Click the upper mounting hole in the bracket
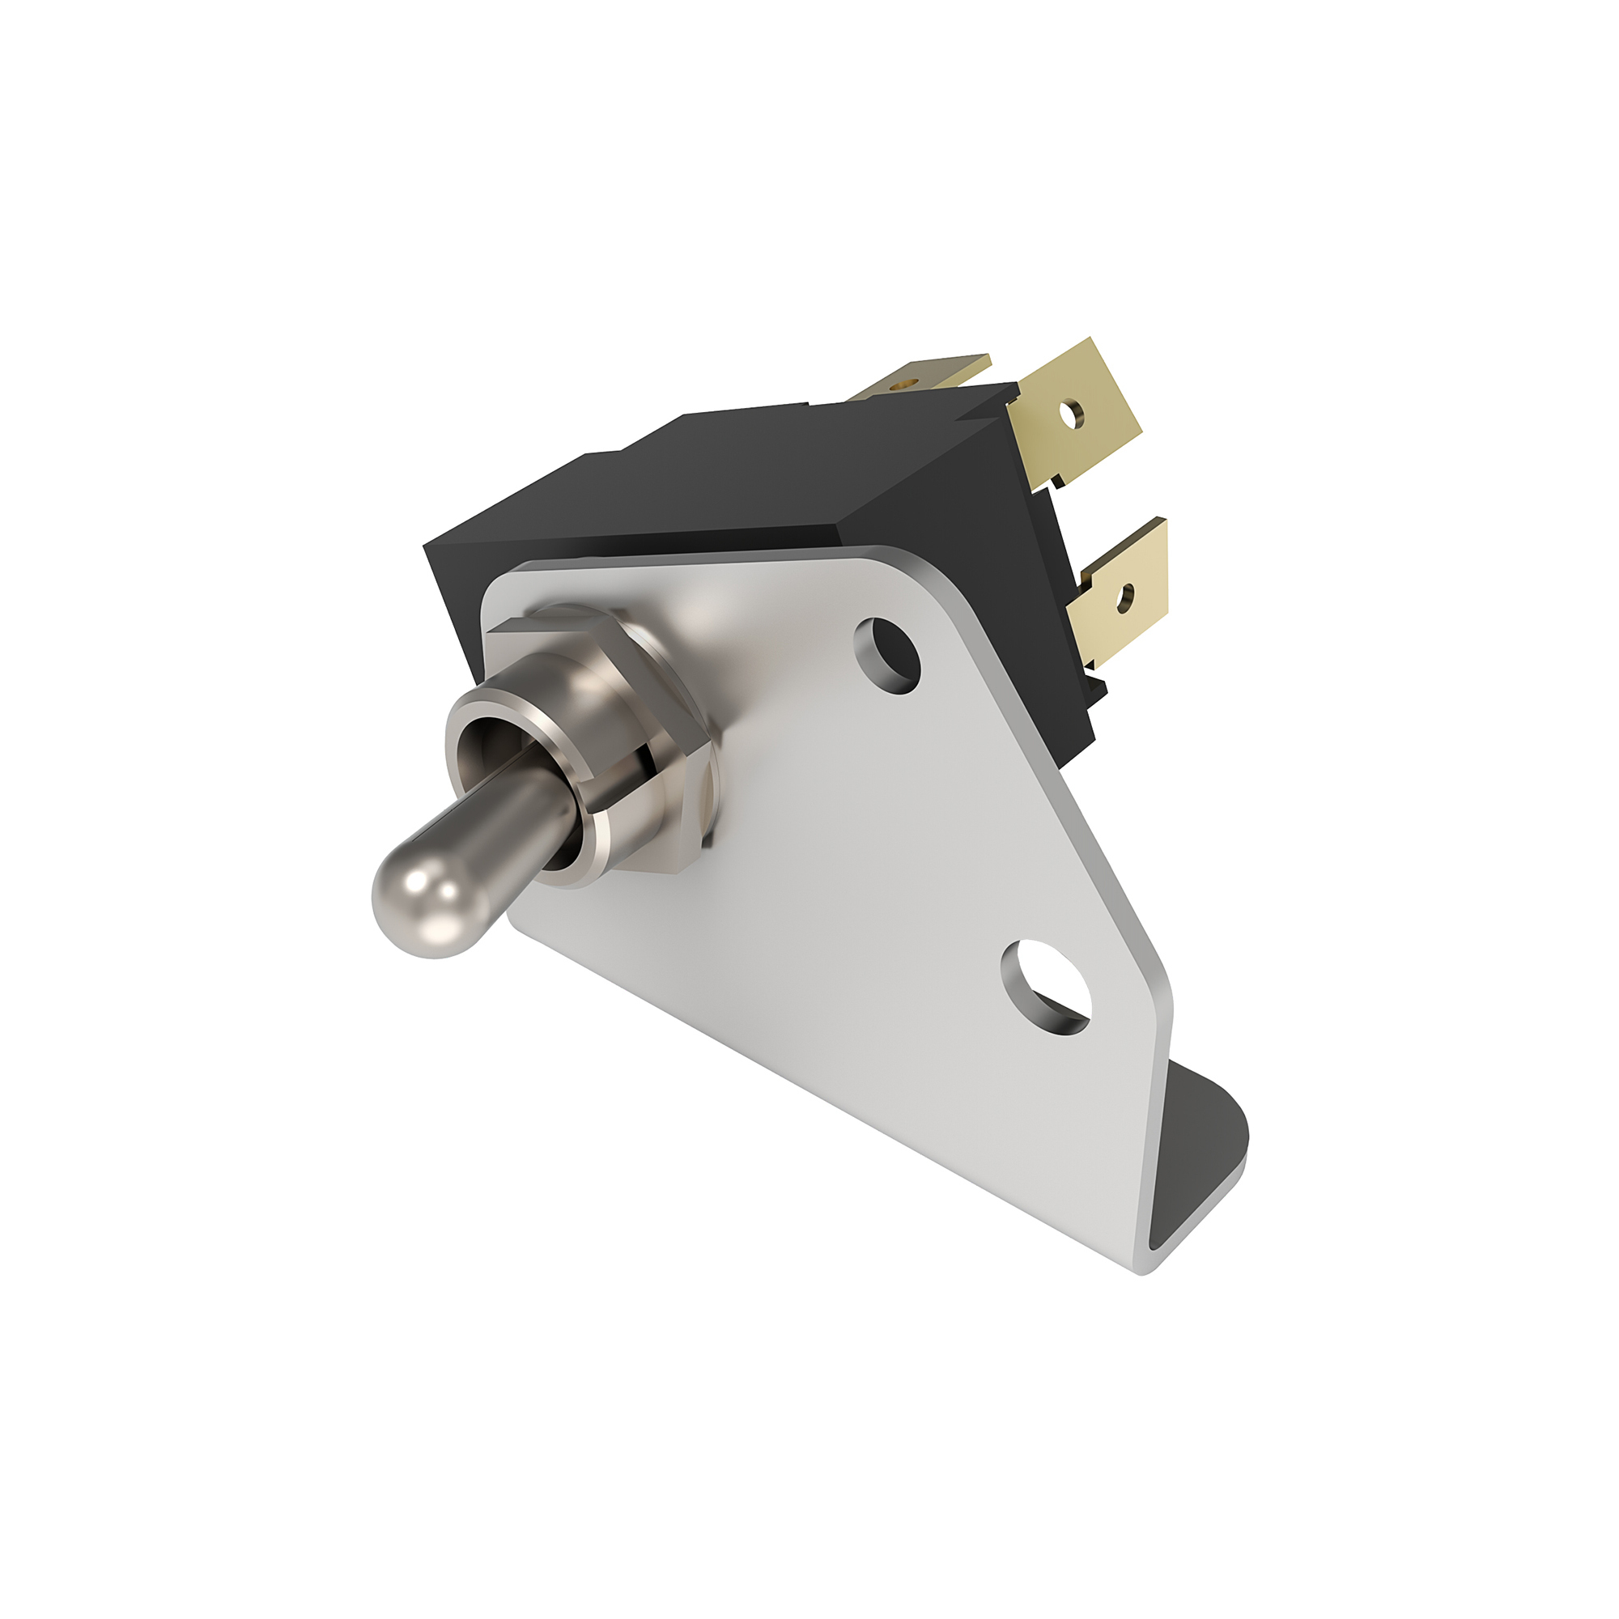point(887,656)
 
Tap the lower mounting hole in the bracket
point(1046,986)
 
